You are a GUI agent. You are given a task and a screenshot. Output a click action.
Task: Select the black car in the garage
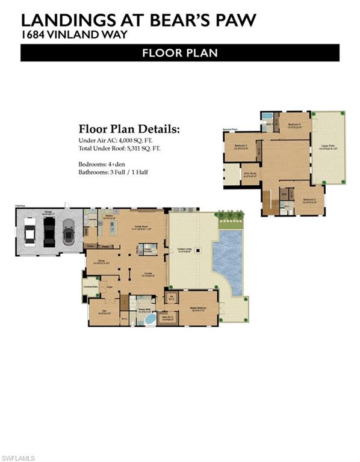tap(49, 231)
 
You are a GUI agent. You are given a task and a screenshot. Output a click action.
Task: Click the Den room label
tap(104, 311)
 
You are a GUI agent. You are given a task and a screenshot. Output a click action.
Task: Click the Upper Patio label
tap(327, 146)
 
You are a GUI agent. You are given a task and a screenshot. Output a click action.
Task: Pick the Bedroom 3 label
tap(241, 146)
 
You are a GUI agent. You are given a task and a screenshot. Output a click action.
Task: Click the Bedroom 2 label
tap(309, 199)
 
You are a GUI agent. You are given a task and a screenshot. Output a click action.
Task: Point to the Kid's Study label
tap(250, 174)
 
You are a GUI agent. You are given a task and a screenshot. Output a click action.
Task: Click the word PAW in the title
tap(232, 20)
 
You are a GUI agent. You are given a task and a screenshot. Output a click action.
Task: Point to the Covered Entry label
tap(91, 287)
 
